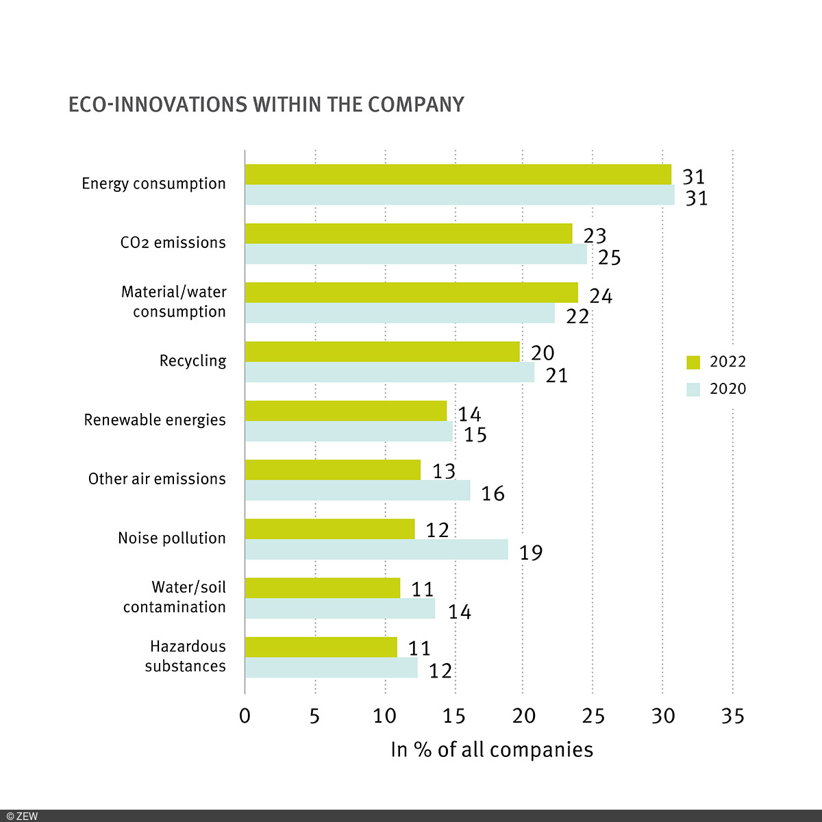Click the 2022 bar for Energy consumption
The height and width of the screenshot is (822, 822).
click(x=458, y=175)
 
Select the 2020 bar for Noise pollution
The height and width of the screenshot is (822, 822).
click(x=376, y=549)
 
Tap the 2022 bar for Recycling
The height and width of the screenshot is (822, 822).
click(x=382, y=351)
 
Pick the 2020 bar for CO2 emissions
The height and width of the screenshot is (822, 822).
click(x=416, y=254)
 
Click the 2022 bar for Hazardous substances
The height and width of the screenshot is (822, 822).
click(x=321, y=647)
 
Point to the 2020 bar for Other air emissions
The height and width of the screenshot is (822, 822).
click(x=358, y=490)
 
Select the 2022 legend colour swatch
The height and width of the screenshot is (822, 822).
click(x=693, y=362)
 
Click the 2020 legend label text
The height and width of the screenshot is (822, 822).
click(x=727, y=389)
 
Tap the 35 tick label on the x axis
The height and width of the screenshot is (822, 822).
click(x=732, y=717)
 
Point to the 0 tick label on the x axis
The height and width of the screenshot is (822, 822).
click(x=245, y=717)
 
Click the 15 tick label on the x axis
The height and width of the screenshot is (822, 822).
click(x=453, y=717)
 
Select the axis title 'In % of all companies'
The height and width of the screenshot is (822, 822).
click(x=491, y=749)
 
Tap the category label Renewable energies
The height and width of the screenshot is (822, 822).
click(x=155, y=420)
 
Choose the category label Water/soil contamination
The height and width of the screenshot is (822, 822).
click(x=174, y=597)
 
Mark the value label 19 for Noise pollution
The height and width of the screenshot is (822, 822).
click(x=530, y=553)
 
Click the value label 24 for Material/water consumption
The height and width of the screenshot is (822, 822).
click(x=601, y=296)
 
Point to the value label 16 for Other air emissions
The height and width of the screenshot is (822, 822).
click(x=493, y=493)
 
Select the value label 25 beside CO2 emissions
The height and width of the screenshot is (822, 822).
click(x=609, y=258)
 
